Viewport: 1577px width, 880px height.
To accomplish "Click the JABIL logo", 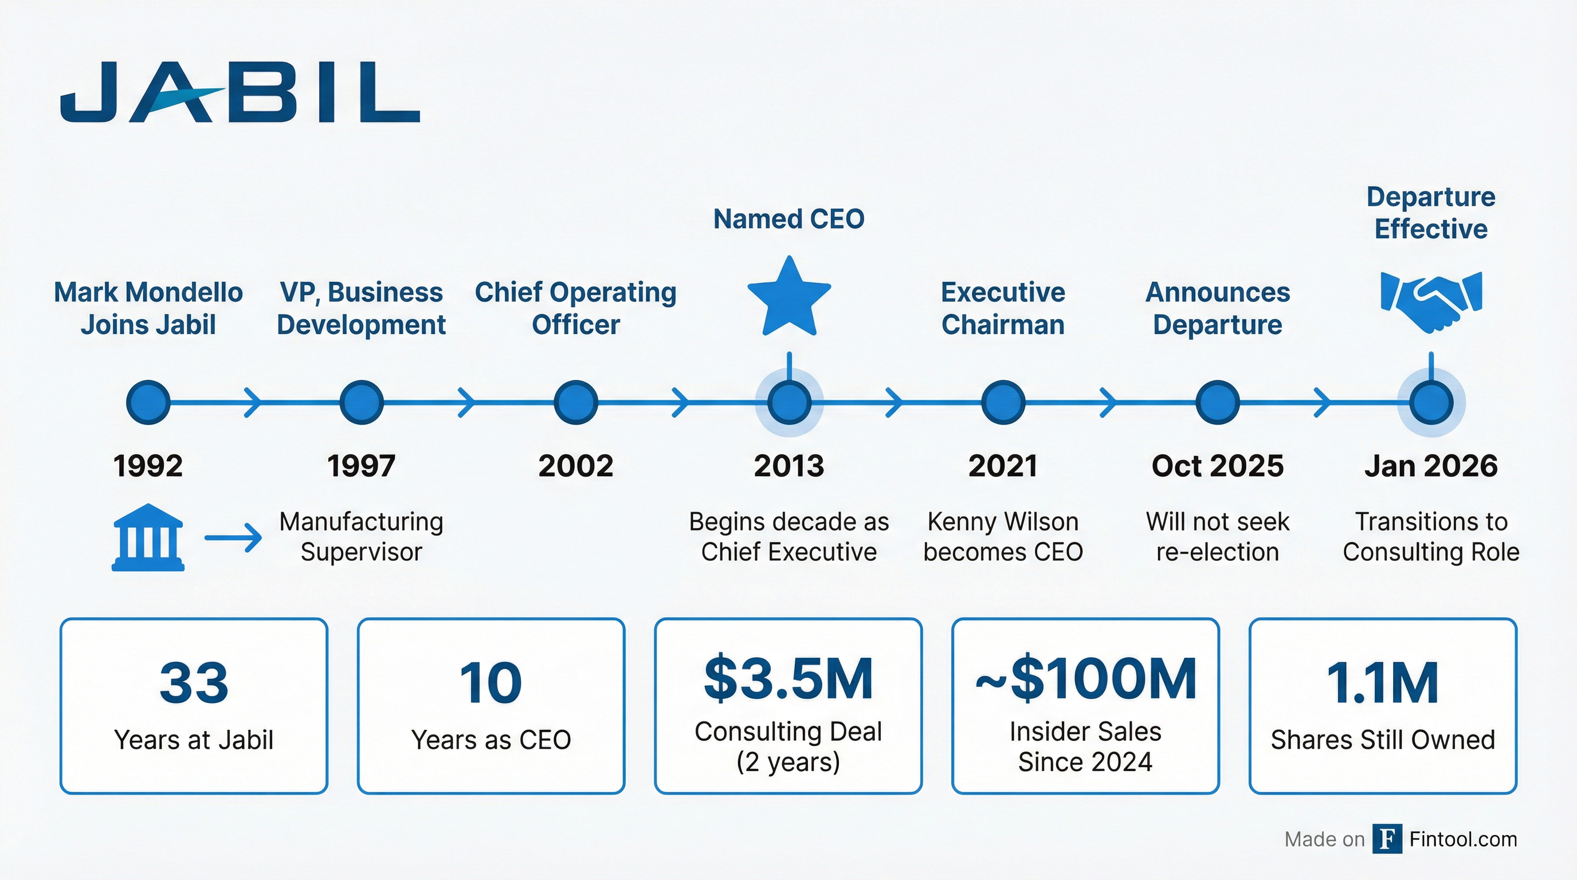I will point(240,92).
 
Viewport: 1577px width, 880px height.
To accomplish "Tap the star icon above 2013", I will point(789,297).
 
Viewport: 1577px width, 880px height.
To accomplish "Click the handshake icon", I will point(1431,301).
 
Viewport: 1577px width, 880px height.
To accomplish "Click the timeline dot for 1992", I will point(148,403).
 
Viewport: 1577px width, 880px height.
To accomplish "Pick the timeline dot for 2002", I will point(575,403).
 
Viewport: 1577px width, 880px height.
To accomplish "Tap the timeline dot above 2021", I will point(1003,403).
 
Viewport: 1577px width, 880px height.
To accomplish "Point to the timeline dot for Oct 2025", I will point(1217,403).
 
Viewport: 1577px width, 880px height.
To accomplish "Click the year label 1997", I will point(361,466).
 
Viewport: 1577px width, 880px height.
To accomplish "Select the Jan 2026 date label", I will point(1431,466).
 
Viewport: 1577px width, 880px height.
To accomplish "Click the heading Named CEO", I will point(789,219).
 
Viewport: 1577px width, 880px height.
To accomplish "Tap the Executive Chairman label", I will point(1003,308).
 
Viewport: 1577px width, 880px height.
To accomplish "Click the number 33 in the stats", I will point(194,682).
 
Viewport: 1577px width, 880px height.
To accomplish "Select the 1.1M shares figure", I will point(1382,682).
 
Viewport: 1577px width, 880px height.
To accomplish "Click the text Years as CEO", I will point(491,740).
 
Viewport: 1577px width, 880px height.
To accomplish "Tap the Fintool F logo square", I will point(1387,839).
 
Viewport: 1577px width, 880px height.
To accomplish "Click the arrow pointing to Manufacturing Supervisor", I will point(233,538).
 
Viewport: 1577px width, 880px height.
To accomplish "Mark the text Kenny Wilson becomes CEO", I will point(1003,537).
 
